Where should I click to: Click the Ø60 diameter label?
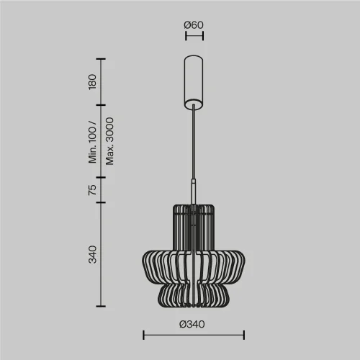[194, 26]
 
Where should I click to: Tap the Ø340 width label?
[194, 323]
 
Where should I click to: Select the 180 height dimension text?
[92, 81]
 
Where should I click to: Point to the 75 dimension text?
[92, 189]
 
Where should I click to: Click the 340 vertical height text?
[92, 253]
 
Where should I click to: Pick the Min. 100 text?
[92, 142]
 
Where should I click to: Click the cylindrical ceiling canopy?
[194, 81]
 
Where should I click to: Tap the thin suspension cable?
[194, 144]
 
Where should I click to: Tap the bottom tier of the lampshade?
[194, 294]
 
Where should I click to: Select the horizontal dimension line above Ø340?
[194, 335]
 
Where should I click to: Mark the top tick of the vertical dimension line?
[101, 59]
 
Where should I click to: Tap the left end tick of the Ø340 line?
[143, 335]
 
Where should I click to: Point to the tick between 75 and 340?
[101, 202]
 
